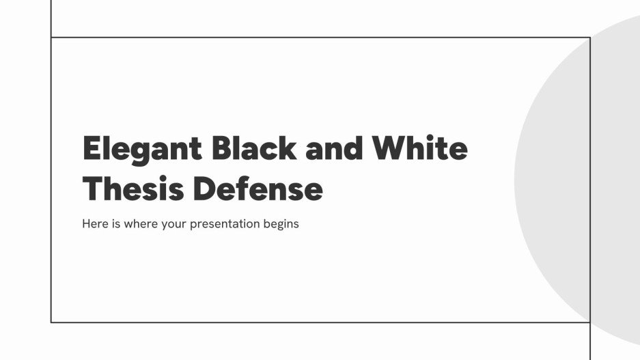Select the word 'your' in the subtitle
point(175,224)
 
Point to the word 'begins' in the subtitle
point(281,224)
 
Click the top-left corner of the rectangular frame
point(51,37)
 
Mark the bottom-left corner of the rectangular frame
point(51,322)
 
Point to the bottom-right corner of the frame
point(589,322)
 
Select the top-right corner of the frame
point(589,37)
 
